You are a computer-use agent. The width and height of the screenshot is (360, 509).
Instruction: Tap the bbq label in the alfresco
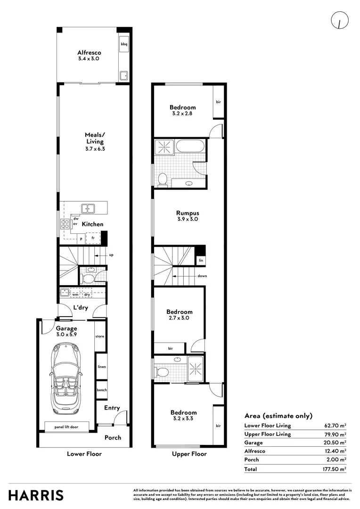124,44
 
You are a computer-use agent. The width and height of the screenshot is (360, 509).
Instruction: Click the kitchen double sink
87,208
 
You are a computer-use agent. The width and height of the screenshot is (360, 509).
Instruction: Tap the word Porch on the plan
113,437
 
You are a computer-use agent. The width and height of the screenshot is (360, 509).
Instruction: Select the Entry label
112,408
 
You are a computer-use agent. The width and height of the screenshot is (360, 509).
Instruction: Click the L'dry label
81,308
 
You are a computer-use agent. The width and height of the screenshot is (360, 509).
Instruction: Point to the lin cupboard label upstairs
201,260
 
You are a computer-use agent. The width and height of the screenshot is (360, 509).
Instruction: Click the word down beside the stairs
202,276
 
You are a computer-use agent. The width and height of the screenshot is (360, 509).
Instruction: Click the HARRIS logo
36,495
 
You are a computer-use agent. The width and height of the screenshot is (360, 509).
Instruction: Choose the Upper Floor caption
188,454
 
